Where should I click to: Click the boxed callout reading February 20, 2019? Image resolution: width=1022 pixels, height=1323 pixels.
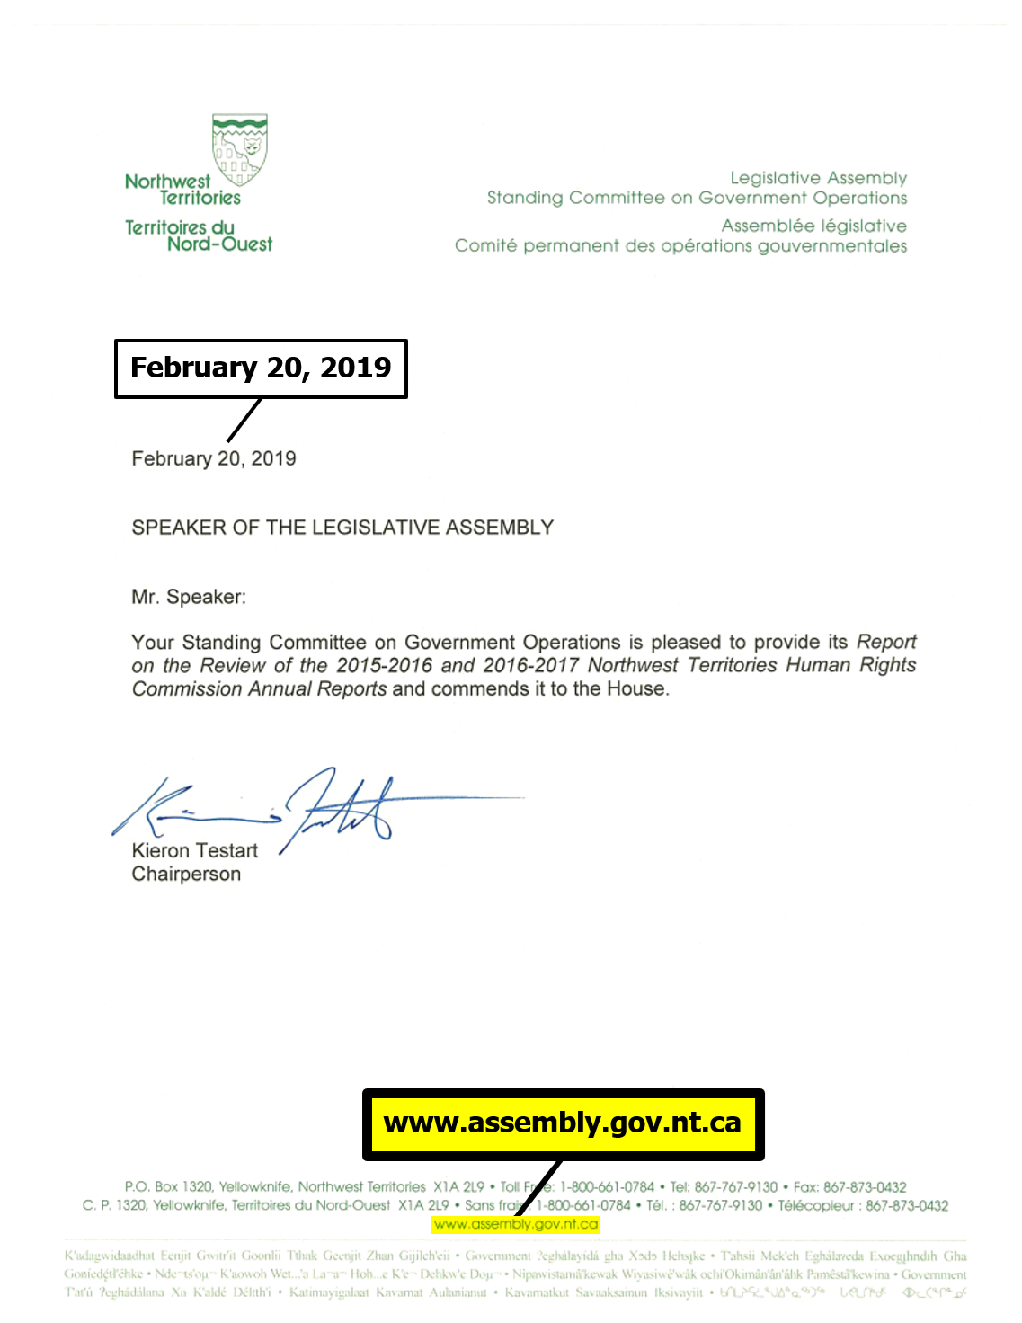tap(261, 368)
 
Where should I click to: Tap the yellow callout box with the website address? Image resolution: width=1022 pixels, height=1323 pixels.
tap(563, 1123)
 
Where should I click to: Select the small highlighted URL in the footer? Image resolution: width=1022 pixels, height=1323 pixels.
tap(515, 1224)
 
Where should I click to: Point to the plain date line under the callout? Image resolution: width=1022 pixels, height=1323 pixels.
tap(214, 459)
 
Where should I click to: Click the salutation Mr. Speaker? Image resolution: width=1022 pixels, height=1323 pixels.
tap(189, 597)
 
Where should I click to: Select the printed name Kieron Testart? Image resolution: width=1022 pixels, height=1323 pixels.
tap(194, 851)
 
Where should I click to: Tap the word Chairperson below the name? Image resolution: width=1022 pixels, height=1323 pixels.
tap(186, 875)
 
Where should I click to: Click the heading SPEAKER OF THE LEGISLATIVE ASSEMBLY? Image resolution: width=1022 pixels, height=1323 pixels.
tap(342, 528)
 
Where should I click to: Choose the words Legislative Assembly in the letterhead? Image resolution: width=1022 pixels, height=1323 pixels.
tap(818, 178)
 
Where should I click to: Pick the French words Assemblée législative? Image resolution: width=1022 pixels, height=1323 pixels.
tap(813, 226)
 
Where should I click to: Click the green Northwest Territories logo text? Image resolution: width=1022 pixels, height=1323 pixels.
tap(182, 190)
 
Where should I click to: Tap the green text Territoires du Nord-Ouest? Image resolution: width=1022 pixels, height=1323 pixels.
tap(199, 235)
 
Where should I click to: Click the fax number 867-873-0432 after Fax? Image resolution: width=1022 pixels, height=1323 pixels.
tap(865, 1187)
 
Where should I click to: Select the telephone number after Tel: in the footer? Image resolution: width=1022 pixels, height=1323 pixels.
tap(735, 1187)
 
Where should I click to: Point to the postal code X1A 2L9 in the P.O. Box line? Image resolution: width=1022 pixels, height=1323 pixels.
tap(458, 1187)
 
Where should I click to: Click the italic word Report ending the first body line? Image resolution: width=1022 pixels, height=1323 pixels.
tap(886, 643)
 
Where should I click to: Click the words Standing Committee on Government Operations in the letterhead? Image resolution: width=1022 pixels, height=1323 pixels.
tap(697, 198)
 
